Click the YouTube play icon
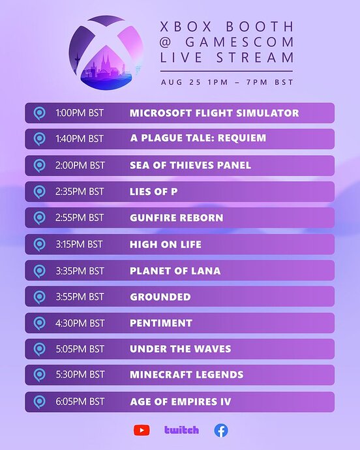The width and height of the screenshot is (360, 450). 142,430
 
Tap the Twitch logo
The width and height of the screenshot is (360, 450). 181,430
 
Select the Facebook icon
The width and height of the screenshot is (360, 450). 221,430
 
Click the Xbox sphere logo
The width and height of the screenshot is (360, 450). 106,53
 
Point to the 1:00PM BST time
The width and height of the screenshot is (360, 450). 80,113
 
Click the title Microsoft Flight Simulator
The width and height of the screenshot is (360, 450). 214,113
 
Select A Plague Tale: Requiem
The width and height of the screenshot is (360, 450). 198,138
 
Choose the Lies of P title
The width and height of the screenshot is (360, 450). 153,192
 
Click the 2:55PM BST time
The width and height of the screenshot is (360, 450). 80,218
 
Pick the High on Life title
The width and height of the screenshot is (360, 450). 166,245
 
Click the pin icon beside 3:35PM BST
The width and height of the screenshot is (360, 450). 39,271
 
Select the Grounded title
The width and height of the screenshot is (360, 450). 160,297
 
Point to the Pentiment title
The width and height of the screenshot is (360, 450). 161,323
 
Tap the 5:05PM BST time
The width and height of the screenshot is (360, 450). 80,349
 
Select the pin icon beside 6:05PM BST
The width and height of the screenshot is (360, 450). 39,402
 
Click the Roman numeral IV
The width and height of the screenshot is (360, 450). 226,402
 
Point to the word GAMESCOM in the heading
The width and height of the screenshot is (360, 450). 239,42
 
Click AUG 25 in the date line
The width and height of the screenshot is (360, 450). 181,82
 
